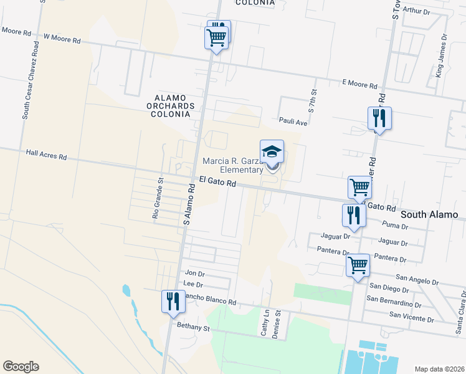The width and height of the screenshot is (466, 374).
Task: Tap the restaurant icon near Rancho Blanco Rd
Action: click(172, 301)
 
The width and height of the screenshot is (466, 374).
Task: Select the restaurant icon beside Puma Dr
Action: click(353, 216)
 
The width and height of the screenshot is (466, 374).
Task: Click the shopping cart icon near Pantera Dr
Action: click(358, 265)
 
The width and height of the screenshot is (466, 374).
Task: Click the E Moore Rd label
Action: click(360, 85)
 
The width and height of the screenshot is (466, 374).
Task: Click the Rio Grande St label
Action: click(157, 198)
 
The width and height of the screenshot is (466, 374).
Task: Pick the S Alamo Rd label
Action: click(187, 208)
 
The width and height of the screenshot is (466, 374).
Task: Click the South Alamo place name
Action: click(433, 214)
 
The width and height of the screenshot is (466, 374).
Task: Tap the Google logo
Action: click(21, 367)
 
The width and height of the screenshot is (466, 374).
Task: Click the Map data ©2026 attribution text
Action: click(439, 368)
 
